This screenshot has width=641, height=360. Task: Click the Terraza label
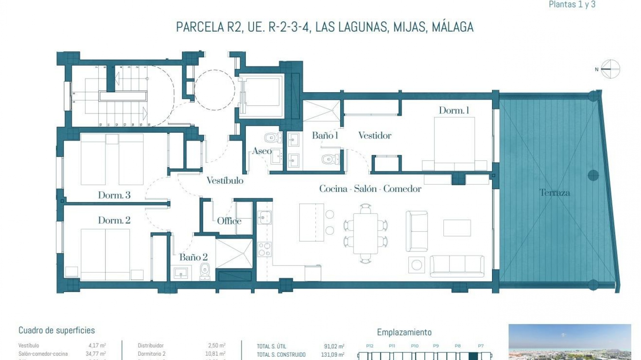pyautogui.click(x=555, y=192)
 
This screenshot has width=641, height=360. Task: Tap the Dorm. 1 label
pyautogui.click(x=454, y=110)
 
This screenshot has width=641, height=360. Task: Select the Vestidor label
pyautogui.click(x=375, y=135)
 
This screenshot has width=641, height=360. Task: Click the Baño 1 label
pyautogui.click(x=325, y=135)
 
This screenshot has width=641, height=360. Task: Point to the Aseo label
pyautogui.click(x=261, y=151)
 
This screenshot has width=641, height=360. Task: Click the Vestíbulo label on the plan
pyautogui.click(x=225, y=181)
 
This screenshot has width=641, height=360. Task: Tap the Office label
pyautogui.click(x=229, y=221)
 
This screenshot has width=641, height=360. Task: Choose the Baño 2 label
pyautogui.click(x=193, y=257)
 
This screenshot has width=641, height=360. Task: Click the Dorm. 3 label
pyautogui.click(x=114, y=195)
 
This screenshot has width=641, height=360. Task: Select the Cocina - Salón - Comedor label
pyautogui.click(x=370, y=189)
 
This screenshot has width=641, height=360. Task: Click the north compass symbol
pyautogui.click(x=610, y=69)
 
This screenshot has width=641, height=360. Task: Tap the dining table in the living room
pyautogui.click(x=366, y=233)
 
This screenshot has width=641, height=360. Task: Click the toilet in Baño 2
pyautogui.click(x=204, y=271)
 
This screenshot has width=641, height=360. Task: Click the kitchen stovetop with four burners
pyautogui.click(x=264, y=249)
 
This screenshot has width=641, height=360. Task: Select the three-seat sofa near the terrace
pyautogui.click(x=457, y=266)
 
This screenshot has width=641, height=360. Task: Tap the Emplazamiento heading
pyautogui.click(x=404, y=332)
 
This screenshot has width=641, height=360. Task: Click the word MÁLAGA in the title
pyautogui.click(x=452, y=27)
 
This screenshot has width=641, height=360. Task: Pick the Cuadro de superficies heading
pyautogui.click(x=57, y=330)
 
